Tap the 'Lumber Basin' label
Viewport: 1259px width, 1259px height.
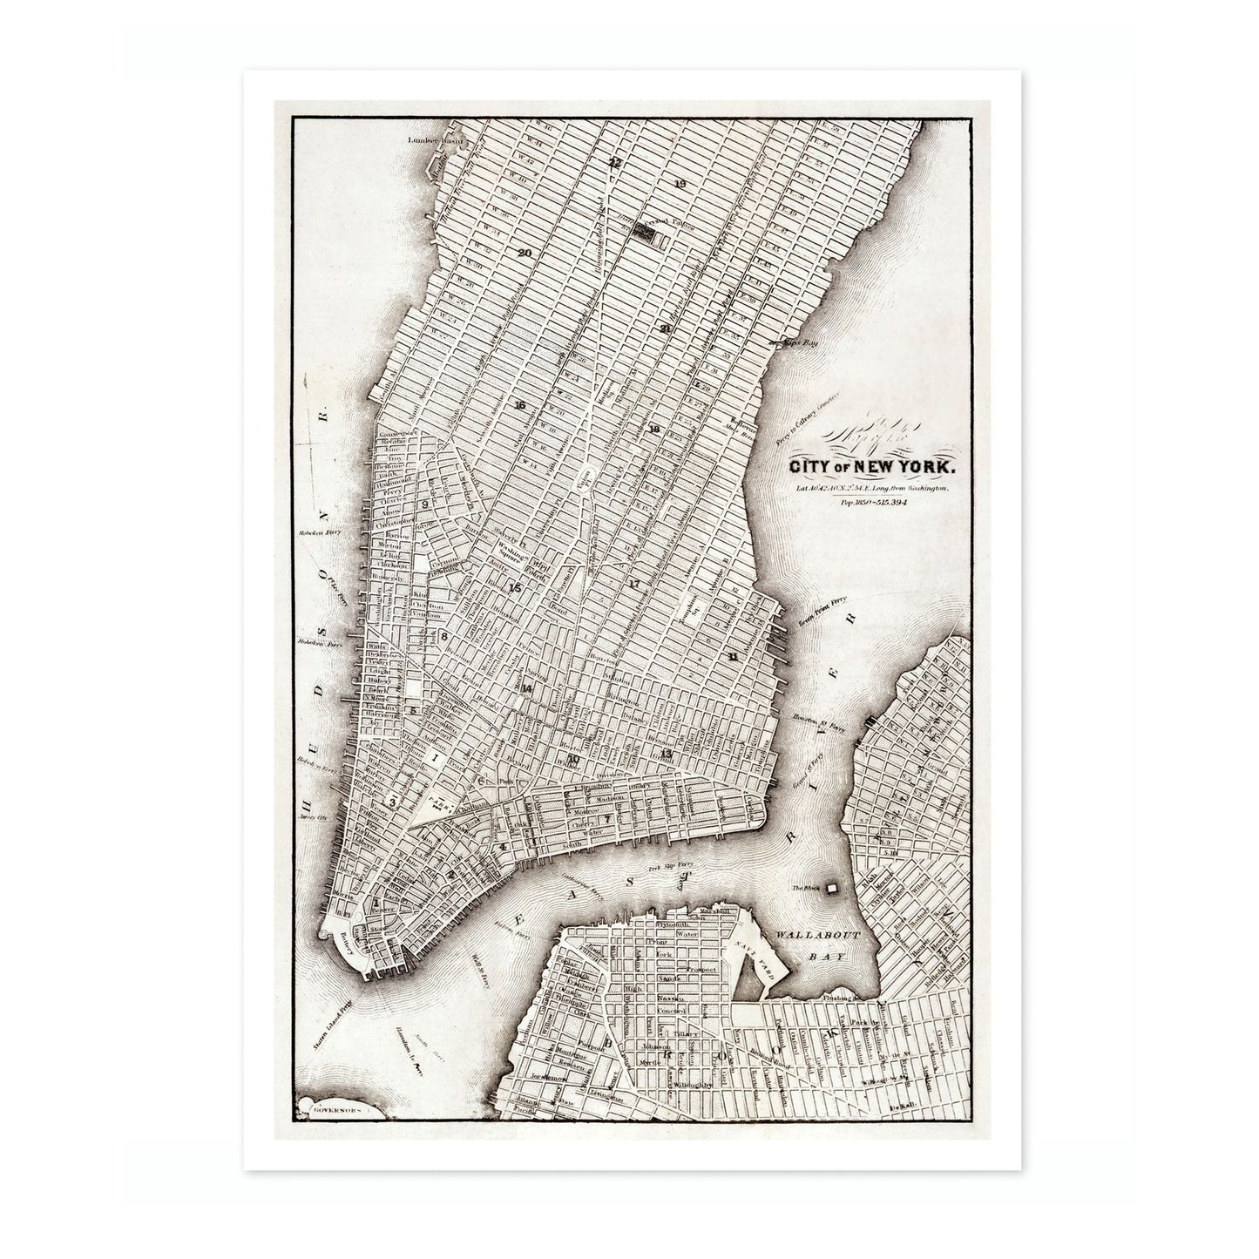(x=437, y=139)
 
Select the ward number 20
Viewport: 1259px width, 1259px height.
(x=524, y=253)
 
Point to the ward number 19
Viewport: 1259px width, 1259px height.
(x=680, y=183)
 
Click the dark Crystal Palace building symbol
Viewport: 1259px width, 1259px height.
(x=644, y=232)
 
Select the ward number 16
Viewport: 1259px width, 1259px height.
(x=520, y=406)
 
